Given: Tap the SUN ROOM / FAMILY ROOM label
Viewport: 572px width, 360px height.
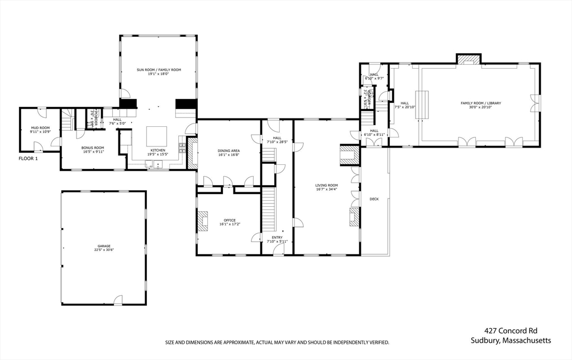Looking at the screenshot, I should (159, 70).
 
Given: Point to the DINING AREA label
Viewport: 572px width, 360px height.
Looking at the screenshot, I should (228, 150).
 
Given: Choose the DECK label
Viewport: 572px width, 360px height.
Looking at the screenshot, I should (374, 199).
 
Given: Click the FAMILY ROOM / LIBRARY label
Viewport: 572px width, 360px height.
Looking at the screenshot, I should (480, 103).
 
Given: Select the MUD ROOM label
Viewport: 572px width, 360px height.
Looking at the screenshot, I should (40, 128).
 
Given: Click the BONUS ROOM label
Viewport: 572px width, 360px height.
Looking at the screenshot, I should (93, 148).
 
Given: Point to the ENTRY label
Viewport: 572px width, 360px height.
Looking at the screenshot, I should (277, 238).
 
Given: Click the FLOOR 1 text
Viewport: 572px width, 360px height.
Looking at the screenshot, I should (28, 159).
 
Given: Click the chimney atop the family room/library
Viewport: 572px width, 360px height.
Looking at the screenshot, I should (468, 59).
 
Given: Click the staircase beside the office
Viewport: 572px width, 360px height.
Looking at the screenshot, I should (270, 209).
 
